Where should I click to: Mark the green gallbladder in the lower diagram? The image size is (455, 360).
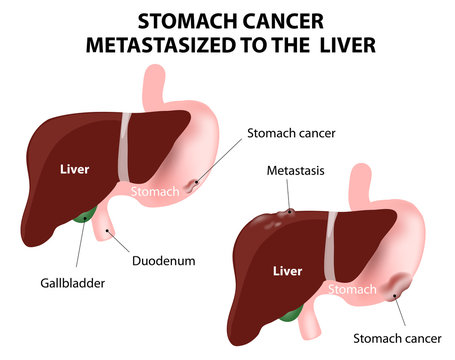290,315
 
